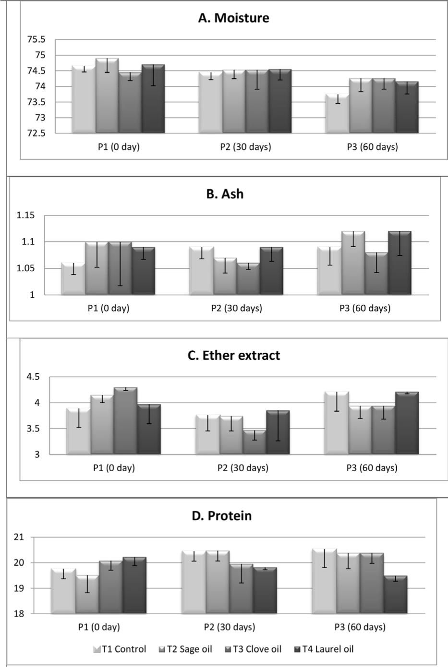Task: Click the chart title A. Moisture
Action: click(233, 18)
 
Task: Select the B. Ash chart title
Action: click(225, 194)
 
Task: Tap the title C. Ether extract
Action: click(233, 356)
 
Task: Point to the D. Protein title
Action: click(222, 516)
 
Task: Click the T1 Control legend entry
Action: click(120, 649)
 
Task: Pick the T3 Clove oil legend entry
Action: click(253, 649)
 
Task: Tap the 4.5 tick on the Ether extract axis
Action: click(33, 377)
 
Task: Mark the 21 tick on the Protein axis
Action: click(19, 537)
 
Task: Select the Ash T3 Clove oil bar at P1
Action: click(120, 268)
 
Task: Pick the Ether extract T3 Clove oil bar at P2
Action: click(254, 442)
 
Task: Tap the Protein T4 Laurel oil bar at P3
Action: click(396, 595)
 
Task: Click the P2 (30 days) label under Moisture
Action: click(245, 147)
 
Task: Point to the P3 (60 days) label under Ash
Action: click(365, 308)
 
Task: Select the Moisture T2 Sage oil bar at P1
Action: click(107, 96)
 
